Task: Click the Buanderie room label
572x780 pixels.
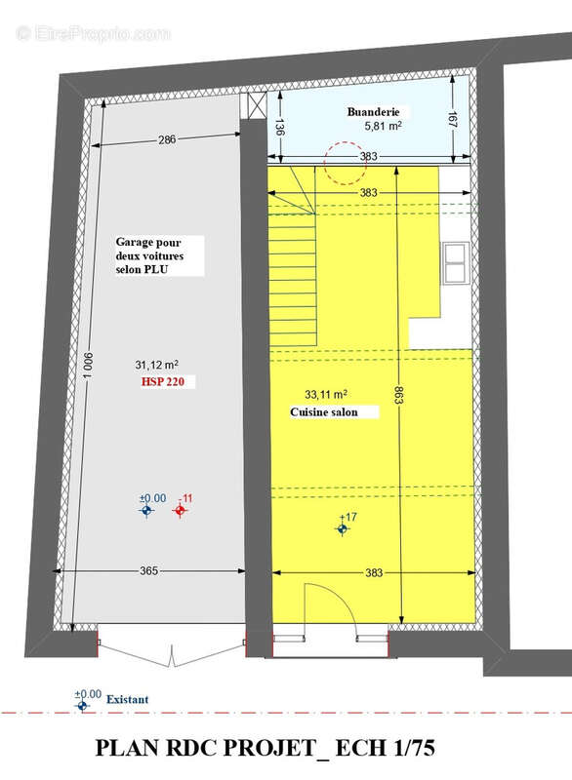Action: [373, 112]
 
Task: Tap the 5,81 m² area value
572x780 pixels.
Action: [383, 126]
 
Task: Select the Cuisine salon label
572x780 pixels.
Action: [324, 412]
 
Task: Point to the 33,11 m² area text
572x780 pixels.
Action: [326, 395]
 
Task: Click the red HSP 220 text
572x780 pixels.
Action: [162, 382]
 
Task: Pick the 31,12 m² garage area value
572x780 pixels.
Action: [157, 365]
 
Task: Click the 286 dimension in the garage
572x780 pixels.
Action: [167, 139]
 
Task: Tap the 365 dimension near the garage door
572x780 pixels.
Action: [148, 570]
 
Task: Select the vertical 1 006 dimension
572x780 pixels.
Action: [88, 365]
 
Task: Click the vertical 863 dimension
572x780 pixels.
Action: [399, 395]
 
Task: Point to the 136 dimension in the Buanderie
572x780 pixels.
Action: [279, 128]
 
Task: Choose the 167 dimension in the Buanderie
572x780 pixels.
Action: [453, 120]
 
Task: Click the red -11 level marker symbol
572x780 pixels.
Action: [180, 510]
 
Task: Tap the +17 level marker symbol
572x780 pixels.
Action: [342, 529]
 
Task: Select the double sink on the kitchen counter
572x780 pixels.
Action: [456, 262]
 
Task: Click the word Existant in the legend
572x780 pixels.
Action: [128, 699]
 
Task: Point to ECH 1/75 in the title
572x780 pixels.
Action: [386, 748]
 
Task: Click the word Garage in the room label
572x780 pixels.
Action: [135, 242]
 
